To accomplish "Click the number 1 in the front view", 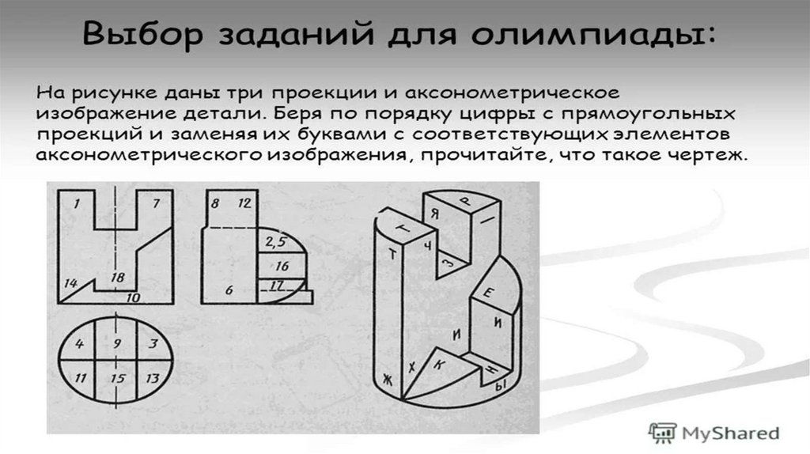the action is coord(77,203).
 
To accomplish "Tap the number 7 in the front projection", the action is coord(156,203).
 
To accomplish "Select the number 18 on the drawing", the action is coord(118,278).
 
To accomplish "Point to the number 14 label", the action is coord(70,283).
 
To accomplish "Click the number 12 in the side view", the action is coord(244,203).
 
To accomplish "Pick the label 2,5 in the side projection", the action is coord(276,241).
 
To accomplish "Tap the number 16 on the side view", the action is coord(282,266).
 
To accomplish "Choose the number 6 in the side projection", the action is coord(229,290).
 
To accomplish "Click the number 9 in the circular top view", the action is coord(117,343).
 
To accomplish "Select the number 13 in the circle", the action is coord(153,379).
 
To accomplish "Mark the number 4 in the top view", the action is coord(79,343).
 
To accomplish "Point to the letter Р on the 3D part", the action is coord(467,202).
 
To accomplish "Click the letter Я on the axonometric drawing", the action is coord(435,213).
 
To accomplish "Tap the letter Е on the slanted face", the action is coord(487,293).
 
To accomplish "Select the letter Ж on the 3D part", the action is coord(388,380).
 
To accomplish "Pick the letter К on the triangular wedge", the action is coord(438,365).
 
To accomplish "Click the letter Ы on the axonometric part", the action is coord(500,385).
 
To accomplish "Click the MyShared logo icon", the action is coord(662,433).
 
